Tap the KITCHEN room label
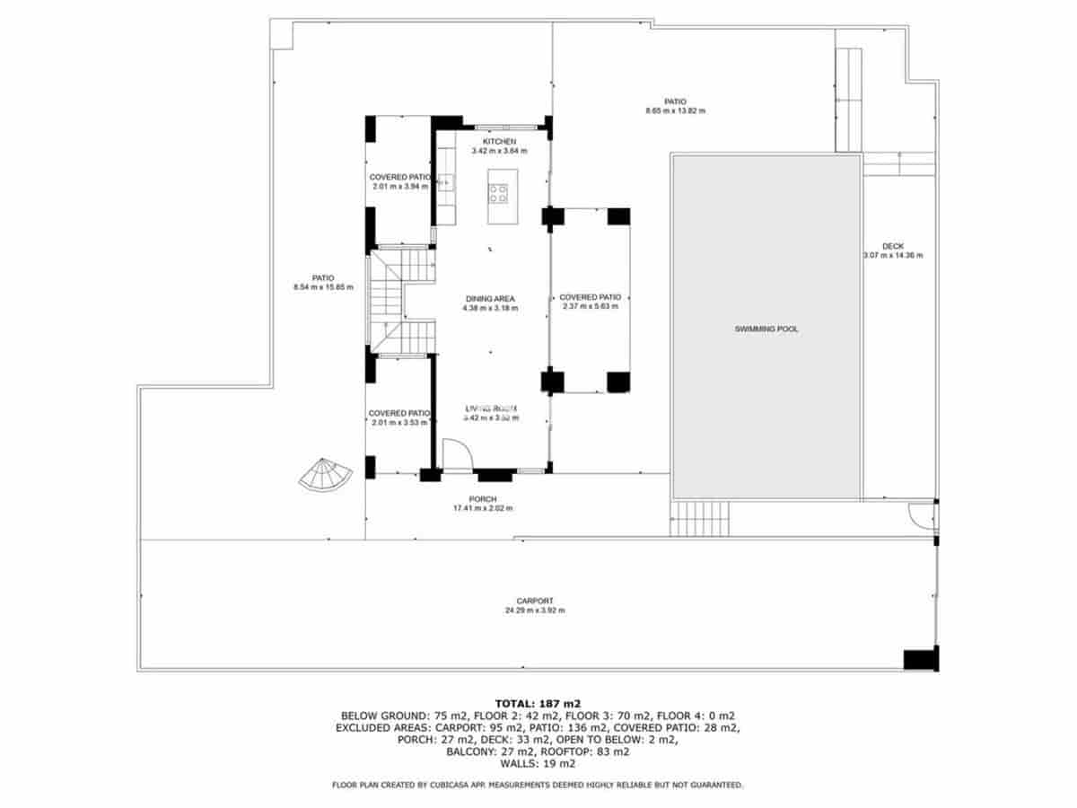[x=499, y=142]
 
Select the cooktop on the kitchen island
[x=498, y=192]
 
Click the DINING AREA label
[x=490, y=298]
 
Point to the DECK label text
[x=892, y=246]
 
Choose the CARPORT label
[x=534, y=601]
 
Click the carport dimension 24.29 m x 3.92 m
[x=534, y=610]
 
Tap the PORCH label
[x=482, y=499]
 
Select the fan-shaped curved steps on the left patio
[x=325, y=474]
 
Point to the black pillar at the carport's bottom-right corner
[x=920, y=659]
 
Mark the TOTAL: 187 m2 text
[x=538, y=702]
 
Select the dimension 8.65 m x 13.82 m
[x=675, y=111]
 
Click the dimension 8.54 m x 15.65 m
[x=323, y=287]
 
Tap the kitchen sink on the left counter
[x=445, y=183]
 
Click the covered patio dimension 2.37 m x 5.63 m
[x=590, y=306]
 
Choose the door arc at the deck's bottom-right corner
[x=921, y=514]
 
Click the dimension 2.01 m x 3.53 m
[x=400, y=423]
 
